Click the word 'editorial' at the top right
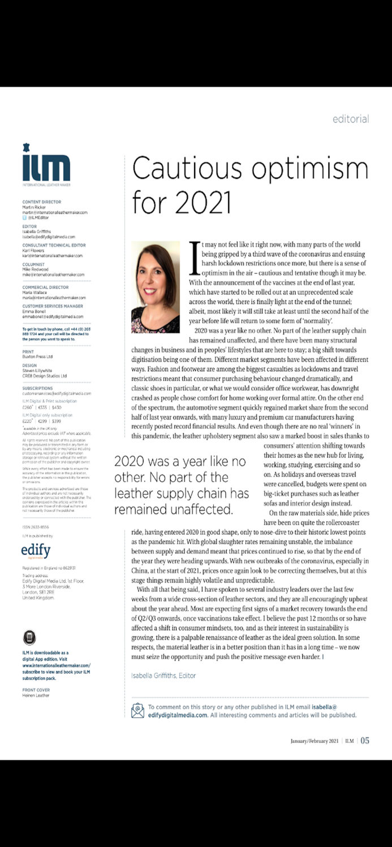pyautogui.click(x=351, y=119)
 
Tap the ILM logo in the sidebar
pyautogui.click(x=46, y=165)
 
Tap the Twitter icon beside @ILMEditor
pyautogui.click(x=24, y=217)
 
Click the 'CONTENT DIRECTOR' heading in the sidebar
pyautogui.click(x=42, y=202)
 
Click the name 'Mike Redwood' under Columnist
pyautogui.click(x=36, y=270)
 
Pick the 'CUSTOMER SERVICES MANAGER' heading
pyautogui.click(x=53, y=305)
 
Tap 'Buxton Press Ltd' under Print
pyautogui.click(x=37, y=357)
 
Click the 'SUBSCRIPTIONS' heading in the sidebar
pyautogui.click(x=38, y=388)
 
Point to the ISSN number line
pyautogui.click(x=36, y=527)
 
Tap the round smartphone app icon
pyautogui.click(x=29, y=638)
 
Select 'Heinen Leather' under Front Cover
pyautogui.click(x=36, y=696)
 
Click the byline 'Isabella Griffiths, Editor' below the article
pyautogui.click(x=163, y=675)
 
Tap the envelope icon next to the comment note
pyautogui.click(x=137, y=710)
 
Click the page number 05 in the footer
pyautogui.click(x=365, y=740)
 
